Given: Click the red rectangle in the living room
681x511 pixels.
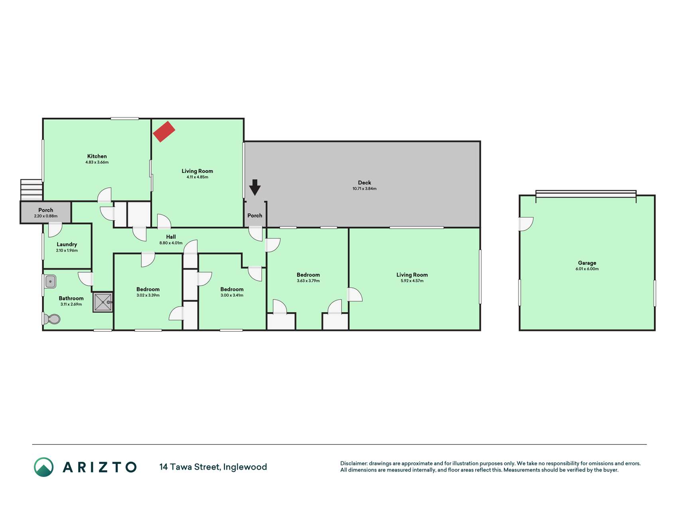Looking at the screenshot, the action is tap(164, 131).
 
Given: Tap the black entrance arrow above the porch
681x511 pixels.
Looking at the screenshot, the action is tap(255, 187).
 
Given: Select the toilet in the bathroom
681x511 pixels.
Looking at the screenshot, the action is tap(51, 319).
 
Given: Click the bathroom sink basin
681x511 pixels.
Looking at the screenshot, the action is tap(50, 281).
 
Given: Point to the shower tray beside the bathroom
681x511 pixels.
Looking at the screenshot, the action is tap(103, 302).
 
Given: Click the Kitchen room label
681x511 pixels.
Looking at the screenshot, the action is tap(97, 156).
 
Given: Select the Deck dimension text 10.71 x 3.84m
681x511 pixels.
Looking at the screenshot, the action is tap(364, 189).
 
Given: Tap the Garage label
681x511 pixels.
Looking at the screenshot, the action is tap(587, 263).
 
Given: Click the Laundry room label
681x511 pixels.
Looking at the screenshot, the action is tap(67, 244).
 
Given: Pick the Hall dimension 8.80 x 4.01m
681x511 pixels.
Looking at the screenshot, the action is tap(171, 243).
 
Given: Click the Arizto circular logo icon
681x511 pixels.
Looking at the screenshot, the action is tap(43, 467).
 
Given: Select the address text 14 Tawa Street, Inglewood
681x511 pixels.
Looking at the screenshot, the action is tap(213, 467).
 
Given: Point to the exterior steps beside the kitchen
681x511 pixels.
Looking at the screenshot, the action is tap(32, 190).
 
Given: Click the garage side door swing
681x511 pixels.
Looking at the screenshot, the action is tap(526, 224).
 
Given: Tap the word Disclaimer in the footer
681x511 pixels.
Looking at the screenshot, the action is tap(353, 463).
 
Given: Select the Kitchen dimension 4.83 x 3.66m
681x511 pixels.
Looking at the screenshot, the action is tap(97, 162).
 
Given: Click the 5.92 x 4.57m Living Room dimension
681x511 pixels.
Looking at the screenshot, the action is tap(412, 281).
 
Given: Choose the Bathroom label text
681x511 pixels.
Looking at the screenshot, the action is tap(71, 298).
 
